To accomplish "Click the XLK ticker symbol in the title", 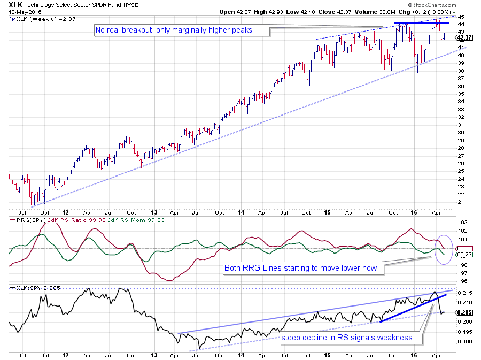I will [16, 4].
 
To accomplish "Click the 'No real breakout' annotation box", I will [173, 30].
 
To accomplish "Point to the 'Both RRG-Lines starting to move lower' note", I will [304, 268].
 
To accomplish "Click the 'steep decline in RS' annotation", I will [347, 338].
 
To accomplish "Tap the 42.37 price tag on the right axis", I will [464, 37].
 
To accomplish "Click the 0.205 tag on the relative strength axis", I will [464, 312].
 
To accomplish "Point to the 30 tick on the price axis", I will [461, 133].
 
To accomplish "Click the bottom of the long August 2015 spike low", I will [383, 126].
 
